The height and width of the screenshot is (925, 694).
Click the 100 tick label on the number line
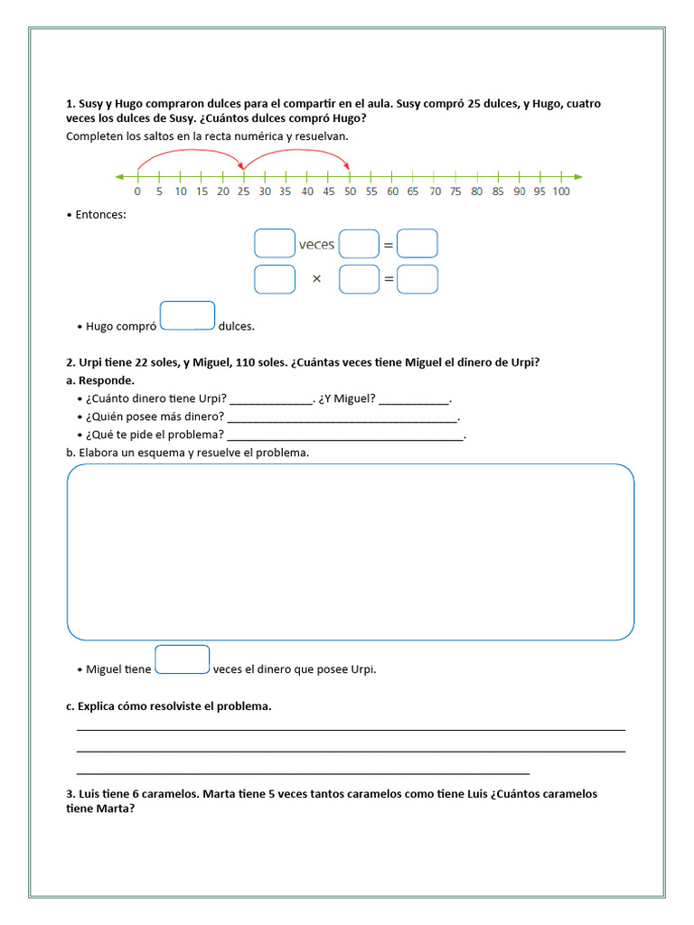coord(560,192)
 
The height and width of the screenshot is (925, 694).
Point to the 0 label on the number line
coord(137,192)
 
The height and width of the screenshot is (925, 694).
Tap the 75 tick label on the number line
coord(455,192)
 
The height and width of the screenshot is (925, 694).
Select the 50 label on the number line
coord(350,192)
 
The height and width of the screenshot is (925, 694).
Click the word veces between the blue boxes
coord(316,244)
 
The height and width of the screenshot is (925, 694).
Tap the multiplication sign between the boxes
coord(316,279)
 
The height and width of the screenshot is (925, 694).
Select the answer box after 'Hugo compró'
coord(187,316)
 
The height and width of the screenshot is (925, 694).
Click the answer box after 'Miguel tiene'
coord(183,659)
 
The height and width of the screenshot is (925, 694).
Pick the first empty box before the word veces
coord(275,244)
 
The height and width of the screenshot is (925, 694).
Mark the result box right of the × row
coord(417,279)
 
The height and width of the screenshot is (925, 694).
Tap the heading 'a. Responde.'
coord(100,380)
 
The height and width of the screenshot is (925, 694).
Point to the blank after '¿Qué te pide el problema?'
coord(345,437)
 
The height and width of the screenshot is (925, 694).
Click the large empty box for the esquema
coord(351,552)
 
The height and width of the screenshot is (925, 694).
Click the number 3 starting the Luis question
coord(70,794)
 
